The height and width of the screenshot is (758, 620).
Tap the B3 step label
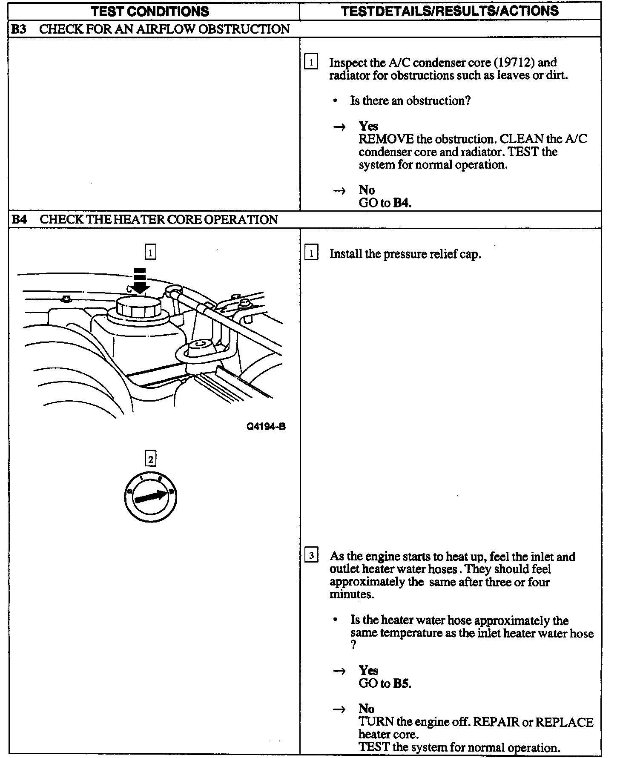tap(19, 29)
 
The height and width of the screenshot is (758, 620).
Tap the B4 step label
tap(19, 220)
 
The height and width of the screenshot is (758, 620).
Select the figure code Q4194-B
tap(266, 426)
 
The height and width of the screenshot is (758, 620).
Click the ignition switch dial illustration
tap(150, 497)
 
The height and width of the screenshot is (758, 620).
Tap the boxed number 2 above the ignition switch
tap(150, 459)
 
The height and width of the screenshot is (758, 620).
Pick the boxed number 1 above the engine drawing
tap(150, 253)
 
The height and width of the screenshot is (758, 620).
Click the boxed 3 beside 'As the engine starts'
tap(312, 555)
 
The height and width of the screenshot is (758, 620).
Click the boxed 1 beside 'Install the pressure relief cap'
tap(312, 254)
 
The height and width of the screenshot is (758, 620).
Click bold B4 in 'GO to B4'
tap(401, 203)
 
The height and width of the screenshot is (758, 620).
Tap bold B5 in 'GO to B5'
tap(401, 683)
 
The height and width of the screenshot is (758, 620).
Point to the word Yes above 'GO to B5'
tap(368, 671)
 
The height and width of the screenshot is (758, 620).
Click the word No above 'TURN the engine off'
tap(367, 709)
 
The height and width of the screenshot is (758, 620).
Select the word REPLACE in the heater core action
tap(564, 722)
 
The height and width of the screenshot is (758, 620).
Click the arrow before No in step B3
tap(339, 191)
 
